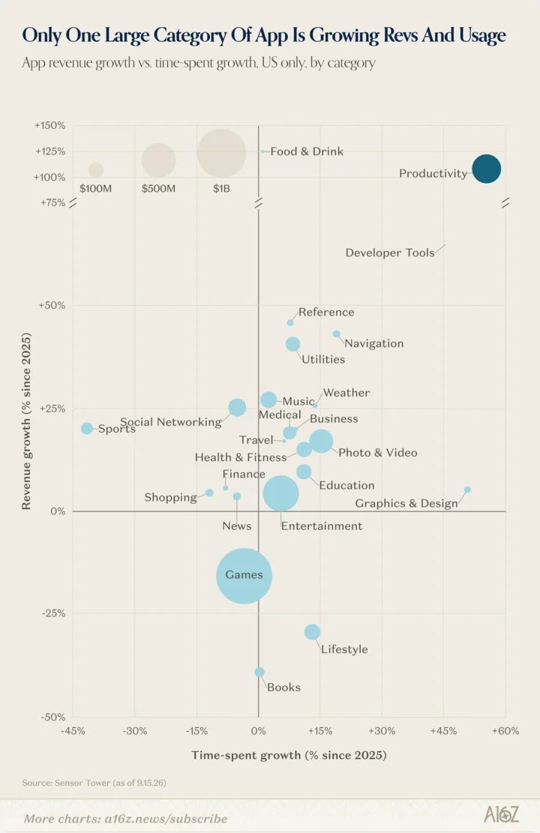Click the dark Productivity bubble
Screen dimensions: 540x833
coord(486,169)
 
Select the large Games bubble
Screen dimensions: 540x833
coord(244,576)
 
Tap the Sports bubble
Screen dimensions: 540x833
coord(87,428)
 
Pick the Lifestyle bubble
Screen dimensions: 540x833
coord(312,632)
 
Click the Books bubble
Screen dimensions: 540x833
coord(259,672)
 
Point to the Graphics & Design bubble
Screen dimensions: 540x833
coord(467,490)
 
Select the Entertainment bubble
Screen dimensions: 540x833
coord(280,493)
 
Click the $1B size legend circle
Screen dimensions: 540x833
coord(222,153)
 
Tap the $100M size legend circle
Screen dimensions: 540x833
coord(96,170)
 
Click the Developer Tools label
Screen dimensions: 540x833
coord(390,253)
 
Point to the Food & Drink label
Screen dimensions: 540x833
coord(307,151)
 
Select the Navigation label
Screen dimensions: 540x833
coord(374,343)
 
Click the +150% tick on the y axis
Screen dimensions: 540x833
coord(50,125)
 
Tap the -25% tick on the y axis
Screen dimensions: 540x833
coord(54,613)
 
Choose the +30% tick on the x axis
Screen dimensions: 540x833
coord(382,731)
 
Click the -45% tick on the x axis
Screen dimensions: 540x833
coord(73,731)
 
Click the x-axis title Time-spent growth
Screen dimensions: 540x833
coord(289,755)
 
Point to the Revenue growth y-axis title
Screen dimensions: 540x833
coord(26,421)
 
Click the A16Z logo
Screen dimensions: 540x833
coord(501,814)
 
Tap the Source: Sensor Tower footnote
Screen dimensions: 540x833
coord(94,783)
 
